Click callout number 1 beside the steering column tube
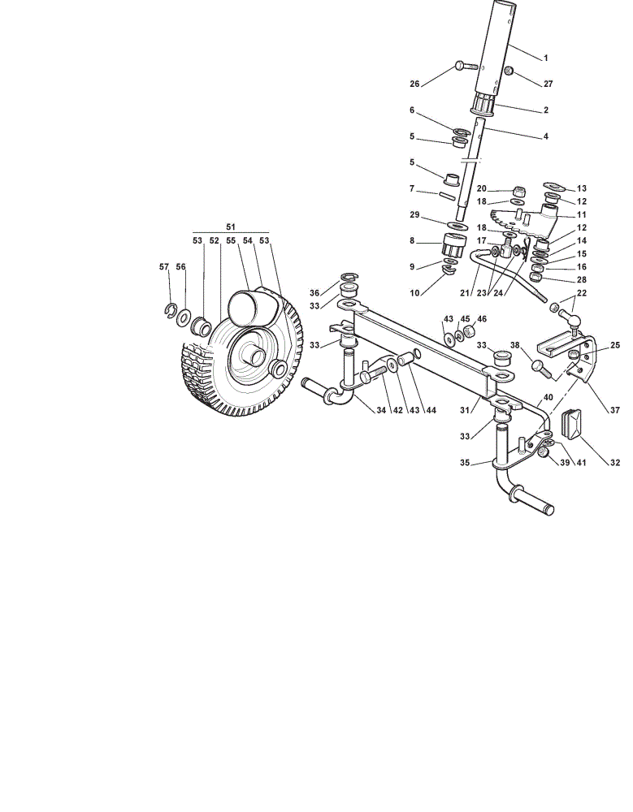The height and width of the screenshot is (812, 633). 545,58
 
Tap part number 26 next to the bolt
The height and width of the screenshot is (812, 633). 414,84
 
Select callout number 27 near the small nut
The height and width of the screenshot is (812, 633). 548,84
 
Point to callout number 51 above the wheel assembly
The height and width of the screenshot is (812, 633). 231,227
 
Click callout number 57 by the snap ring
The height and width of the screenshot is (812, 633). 164,266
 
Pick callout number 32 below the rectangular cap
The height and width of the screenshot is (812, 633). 614,463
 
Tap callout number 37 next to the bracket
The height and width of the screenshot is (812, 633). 614,410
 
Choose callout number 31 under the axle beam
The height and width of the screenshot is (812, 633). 465,410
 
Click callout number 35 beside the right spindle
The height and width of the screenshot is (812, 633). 465,463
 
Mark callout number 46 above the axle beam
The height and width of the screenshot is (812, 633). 482,319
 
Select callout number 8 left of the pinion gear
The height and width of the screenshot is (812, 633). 412,240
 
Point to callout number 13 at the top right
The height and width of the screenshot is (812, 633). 581,188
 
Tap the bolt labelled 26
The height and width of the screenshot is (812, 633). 467,66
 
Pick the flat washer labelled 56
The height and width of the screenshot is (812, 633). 183,317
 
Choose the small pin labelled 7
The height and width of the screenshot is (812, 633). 448,196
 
